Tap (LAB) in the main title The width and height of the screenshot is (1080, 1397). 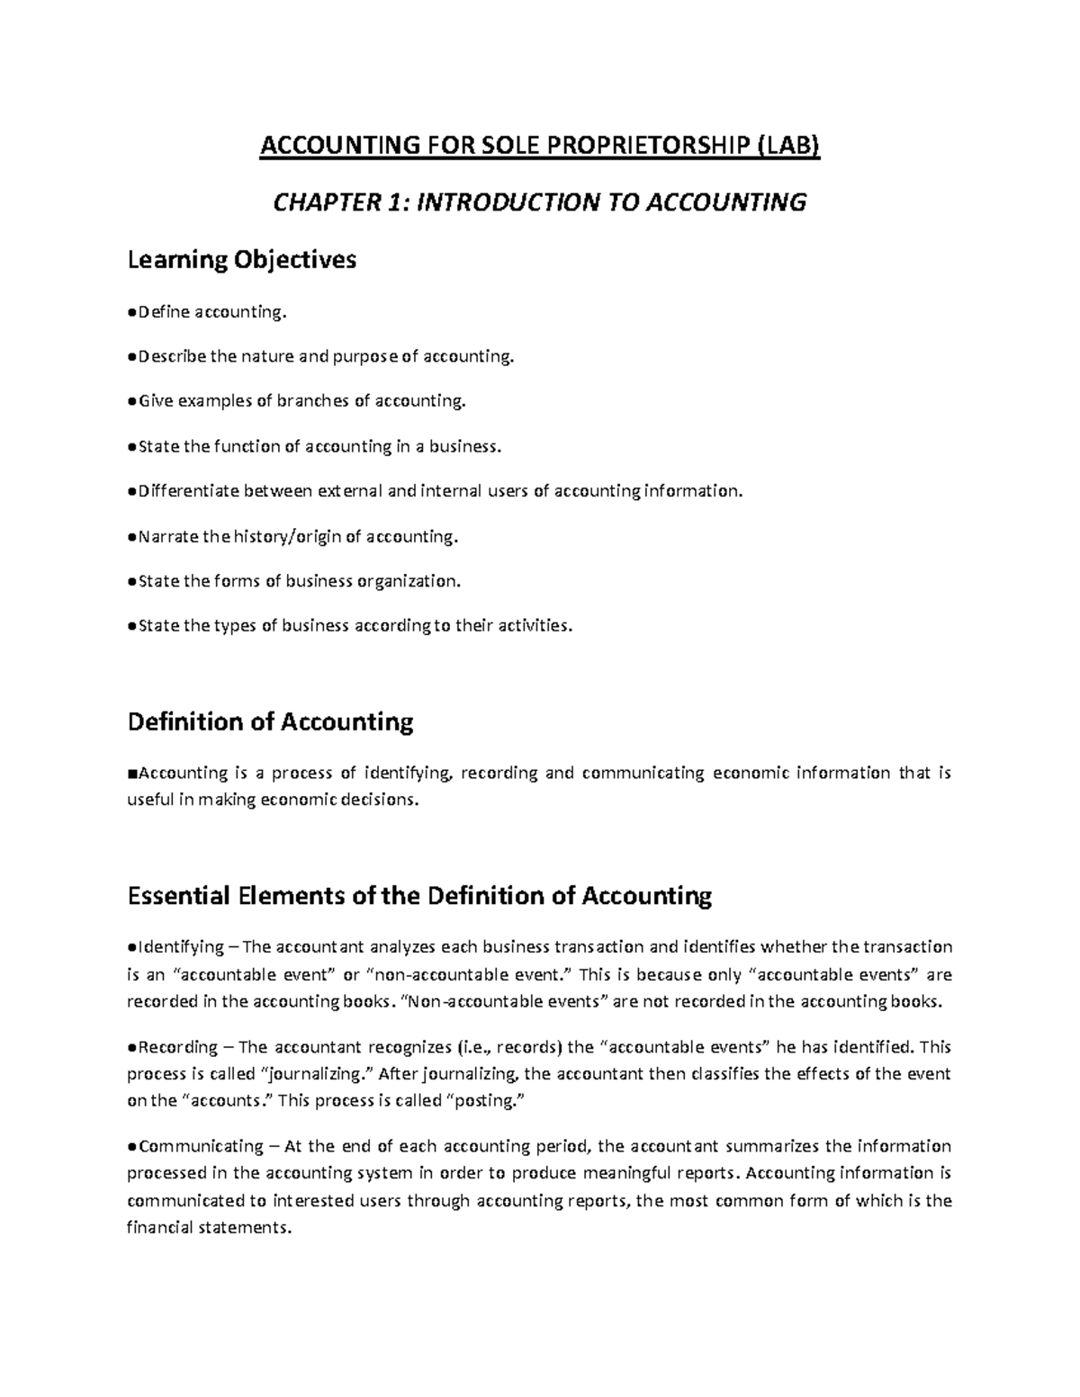pos(790,145)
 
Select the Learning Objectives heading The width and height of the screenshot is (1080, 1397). pos(242,260)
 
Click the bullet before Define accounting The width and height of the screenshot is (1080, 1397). pos(132,311)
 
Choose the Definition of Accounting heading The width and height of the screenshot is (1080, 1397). pos(270,721)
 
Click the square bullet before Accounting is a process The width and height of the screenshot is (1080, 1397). pos(131,773)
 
